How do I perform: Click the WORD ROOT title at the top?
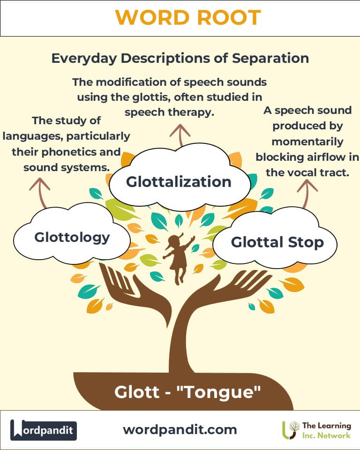tap(187, 18)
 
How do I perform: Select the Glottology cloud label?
tap(72, 237)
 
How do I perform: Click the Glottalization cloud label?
tap(179, 181)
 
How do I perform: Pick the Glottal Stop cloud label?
tap(277, 242)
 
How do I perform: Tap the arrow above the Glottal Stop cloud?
tap(307, 193)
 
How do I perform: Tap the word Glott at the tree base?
tap(136, 392)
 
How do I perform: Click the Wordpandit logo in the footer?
tap(44, 430)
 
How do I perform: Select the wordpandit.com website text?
tap(180, 429)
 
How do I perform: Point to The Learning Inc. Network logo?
tap(316, 430)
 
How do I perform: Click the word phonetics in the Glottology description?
tap(82, 152)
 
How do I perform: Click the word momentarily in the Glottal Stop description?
tap(307, 141)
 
